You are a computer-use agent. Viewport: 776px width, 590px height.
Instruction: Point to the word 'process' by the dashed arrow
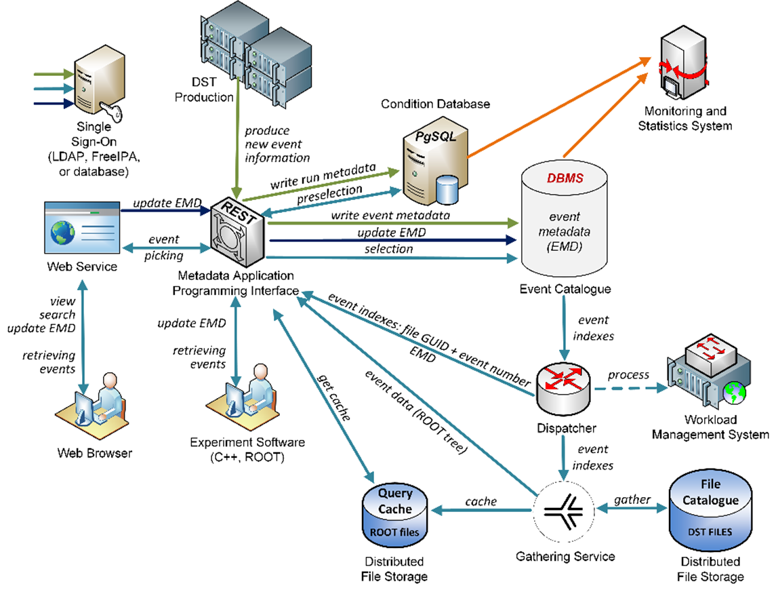point(628,375)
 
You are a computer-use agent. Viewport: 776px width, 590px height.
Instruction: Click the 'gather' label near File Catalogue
point(632,499)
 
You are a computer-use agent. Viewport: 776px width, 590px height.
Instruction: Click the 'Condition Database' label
point(435,104)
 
